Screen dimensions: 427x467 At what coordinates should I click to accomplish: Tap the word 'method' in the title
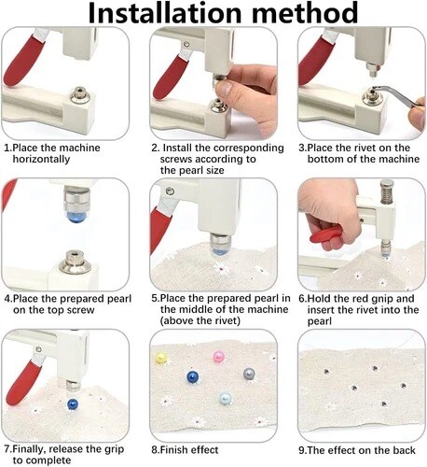point(308,12)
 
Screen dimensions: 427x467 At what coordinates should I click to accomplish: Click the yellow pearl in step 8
point(161,358)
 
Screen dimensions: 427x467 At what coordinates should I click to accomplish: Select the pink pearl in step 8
point(219,356)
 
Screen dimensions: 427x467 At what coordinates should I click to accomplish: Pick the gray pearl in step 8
point(249,375)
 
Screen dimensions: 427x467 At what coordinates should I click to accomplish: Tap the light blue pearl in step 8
point(225,398)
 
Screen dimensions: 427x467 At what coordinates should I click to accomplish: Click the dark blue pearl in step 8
point(193,377)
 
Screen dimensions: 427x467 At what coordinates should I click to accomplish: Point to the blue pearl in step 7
point(73,404)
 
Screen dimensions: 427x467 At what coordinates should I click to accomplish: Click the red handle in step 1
point(23,60)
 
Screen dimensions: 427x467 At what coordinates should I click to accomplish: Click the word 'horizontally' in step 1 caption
point(41,159)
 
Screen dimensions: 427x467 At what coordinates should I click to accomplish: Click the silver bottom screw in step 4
point(75,262)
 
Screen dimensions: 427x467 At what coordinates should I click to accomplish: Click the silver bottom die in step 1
point(80,95)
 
